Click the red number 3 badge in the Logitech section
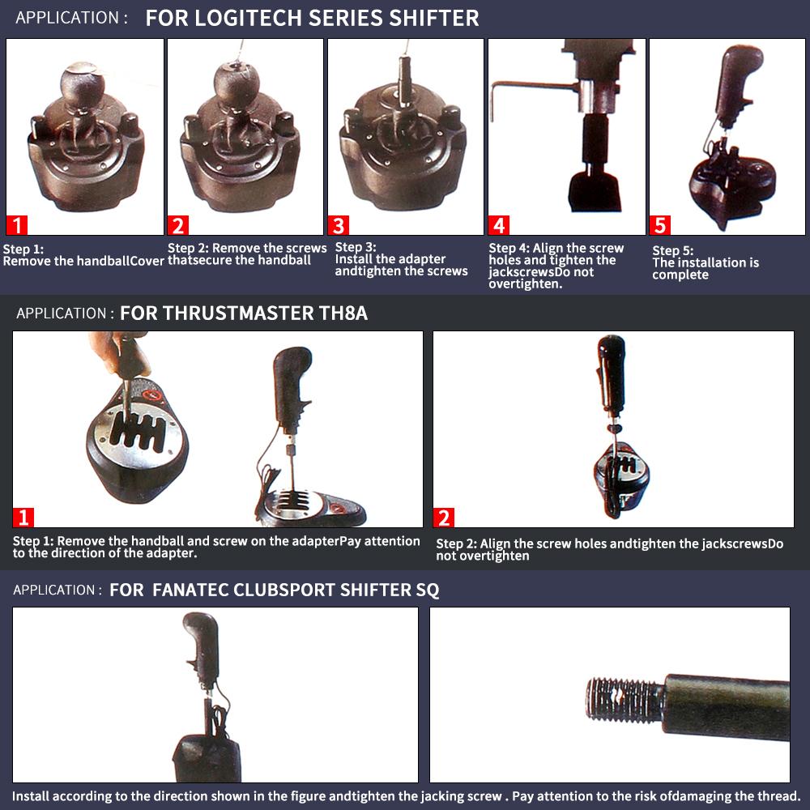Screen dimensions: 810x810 click(339, 226)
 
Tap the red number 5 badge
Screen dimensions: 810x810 click(660, 226)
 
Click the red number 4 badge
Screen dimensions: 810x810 click(499, 226)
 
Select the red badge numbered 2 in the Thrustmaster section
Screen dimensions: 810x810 click(444, 517)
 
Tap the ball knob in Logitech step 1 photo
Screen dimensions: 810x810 click(83, 85)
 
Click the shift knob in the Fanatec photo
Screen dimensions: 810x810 click(202, 648)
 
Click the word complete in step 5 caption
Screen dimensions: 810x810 click(680, 275)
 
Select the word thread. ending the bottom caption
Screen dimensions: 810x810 click(778, 796)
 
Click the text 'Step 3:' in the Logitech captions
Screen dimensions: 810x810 click(356, 247)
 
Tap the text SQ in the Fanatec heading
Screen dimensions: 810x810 click(427, 590)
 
